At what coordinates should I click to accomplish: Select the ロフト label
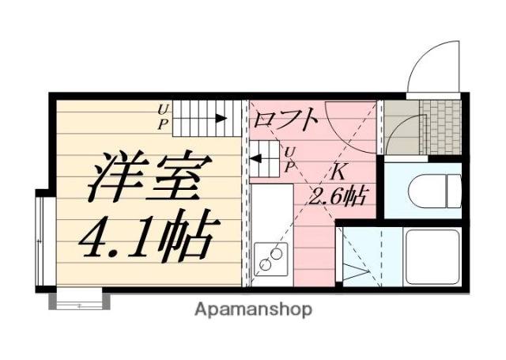coord(286,120)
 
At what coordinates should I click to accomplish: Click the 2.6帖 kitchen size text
coord(341,195)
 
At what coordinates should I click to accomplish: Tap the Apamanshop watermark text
coord(253,309)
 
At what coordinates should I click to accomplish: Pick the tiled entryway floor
coord(440,127)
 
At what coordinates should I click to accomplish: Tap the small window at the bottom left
coord(79,300)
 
